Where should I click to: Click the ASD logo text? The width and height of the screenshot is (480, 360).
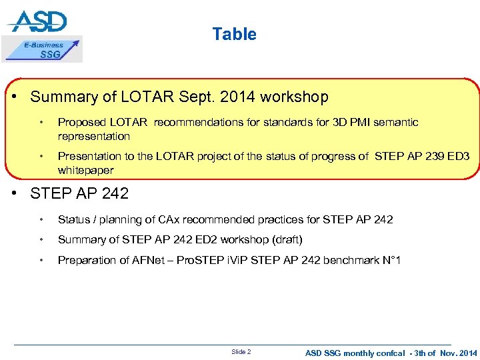(38, 21)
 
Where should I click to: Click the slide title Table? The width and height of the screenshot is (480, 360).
(234, 34)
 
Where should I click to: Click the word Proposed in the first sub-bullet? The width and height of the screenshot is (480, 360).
(80, 123)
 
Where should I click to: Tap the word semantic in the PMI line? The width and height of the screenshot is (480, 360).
(396, 123)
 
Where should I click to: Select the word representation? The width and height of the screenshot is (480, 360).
(94, 136)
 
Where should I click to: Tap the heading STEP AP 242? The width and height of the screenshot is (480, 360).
(79, 195)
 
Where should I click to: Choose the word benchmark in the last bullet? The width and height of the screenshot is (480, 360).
(347, 260)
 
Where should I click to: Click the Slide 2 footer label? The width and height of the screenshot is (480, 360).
(241, 351)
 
